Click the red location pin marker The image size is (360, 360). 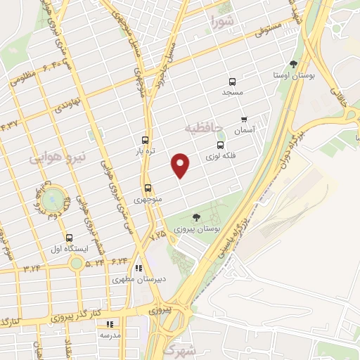pyautogui.click(x=181, y=165)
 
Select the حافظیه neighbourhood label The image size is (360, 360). pyautogui.click(x=204, y=129)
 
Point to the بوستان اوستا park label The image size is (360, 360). pyautogui.click(x=295, y=74)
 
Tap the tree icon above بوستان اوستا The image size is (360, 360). pyautogui.click(x=294, y=63)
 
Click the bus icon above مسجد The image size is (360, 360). pyautogui.click(x=231, y=82)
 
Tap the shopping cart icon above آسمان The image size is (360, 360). pyautogui.click(x=244, y=120)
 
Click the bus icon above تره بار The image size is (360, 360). pyautogui.click(x=146, y=140)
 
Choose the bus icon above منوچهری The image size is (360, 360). pyautogui.click(x=148, y=188)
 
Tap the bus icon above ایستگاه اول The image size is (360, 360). pyautogui.click(x=68, y=238)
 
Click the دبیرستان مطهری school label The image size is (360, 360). pyautogui.click(x=140, y=279)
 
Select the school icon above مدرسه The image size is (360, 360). pyautogui.click(x=109, y=324)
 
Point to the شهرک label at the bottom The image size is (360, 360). pyautogui.click(x=176, y=349)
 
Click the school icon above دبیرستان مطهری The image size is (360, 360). pyautogui.click(x=139, y=269)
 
